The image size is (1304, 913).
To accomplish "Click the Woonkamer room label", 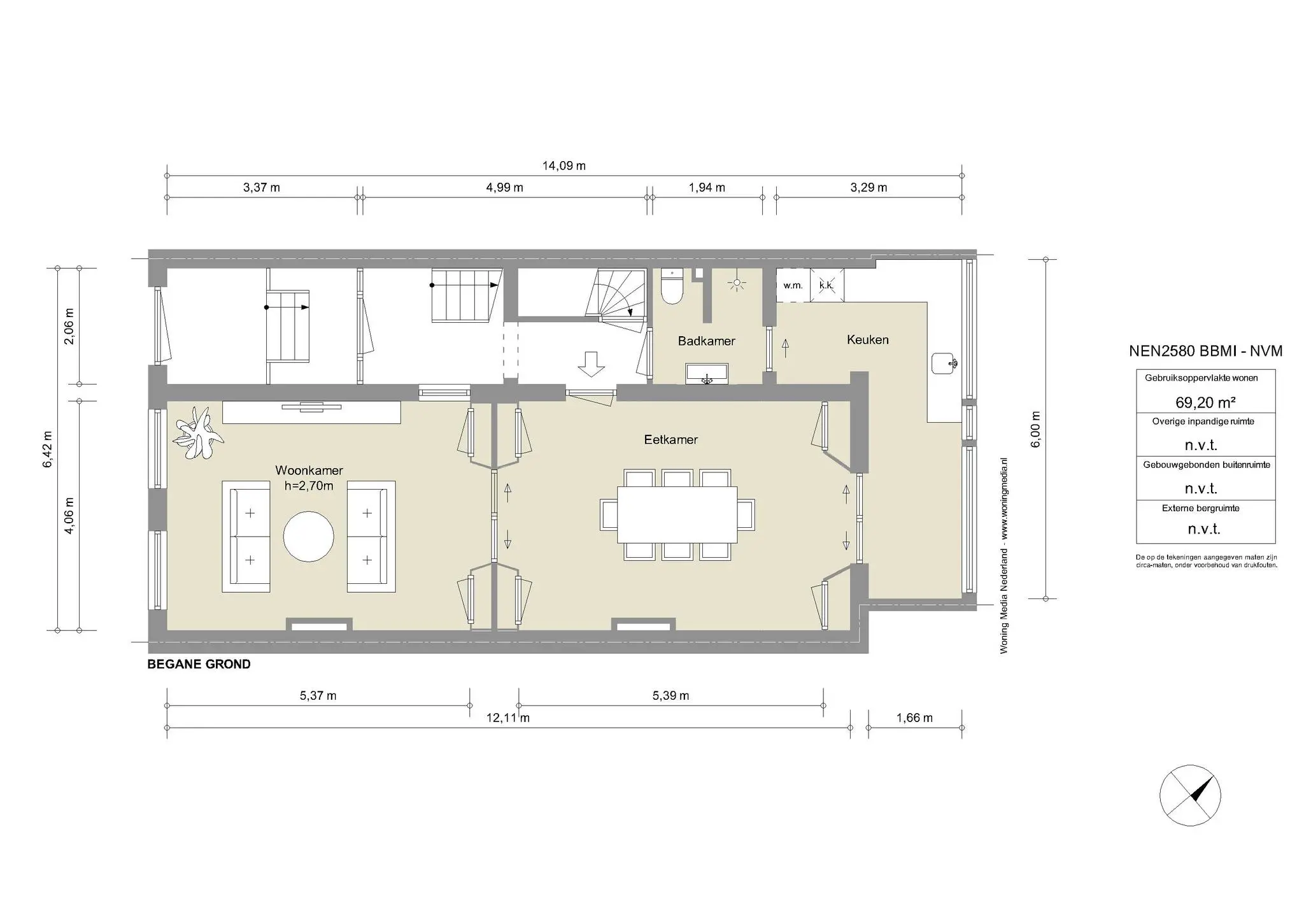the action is click(309, 471).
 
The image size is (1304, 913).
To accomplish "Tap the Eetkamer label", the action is click(670, 439).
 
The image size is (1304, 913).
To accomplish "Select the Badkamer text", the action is click(706, 341).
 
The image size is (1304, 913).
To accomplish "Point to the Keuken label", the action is click(867, 339).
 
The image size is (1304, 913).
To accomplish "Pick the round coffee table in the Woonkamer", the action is click(308, 536).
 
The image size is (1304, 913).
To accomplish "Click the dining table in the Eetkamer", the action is click(677, 514).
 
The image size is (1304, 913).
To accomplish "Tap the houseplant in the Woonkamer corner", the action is click(199, 432).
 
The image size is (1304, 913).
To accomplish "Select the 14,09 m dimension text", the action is click(563, 166).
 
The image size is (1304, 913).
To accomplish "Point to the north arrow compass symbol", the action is click(1190, 795).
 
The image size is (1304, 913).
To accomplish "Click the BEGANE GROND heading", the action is click(199, 664).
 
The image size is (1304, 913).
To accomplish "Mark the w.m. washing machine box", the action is click(793, 285).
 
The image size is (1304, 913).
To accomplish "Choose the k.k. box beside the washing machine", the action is click(826, 285).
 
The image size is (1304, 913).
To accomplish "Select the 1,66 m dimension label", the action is click(914, 718).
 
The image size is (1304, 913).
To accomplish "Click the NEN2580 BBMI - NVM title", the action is click(1205, 351).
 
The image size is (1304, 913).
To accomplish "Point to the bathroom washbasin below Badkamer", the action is click(707, 374).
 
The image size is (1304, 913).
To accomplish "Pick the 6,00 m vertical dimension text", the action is click(1035, 429).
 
